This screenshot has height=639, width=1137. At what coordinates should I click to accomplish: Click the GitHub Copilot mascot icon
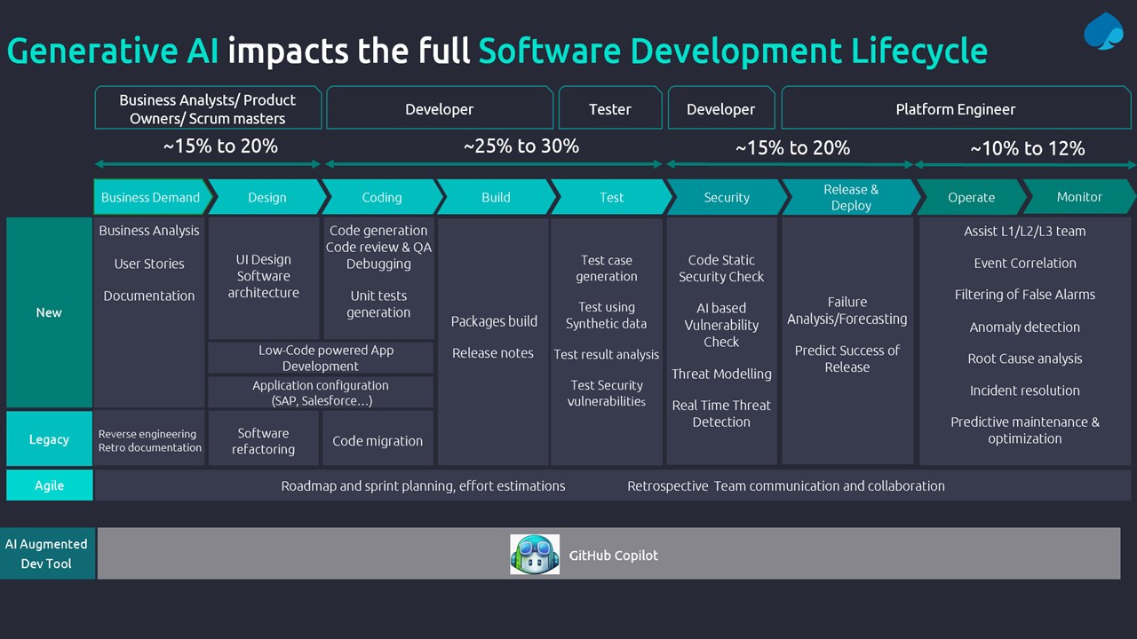535,554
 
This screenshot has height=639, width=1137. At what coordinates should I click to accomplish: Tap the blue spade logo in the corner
1103,31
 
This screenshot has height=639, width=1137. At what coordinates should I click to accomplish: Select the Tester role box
610,108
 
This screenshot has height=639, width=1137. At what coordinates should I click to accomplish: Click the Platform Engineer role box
956,108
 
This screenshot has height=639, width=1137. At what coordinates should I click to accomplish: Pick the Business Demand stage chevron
152,197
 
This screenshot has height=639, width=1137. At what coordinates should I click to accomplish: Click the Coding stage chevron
383,197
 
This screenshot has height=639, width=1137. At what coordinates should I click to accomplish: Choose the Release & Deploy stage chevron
852,197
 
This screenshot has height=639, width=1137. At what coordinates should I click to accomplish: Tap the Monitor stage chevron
1079,197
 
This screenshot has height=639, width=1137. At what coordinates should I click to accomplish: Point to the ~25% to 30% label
521,146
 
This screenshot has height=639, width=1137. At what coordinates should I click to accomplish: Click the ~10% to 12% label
1028,148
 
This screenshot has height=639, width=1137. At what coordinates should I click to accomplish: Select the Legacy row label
49,438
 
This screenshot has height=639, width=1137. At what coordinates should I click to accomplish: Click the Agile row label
49,485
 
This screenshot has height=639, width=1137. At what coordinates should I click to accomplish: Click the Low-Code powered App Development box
321,358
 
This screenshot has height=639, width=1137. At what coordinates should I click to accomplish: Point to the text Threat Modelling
721,374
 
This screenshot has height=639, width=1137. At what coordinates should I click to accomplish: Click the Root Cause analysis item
1025,359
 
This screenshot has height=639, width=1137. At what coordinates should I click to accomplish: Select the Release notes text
493,353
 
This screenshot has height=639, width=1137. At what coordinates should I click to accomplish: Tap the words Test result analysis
606,354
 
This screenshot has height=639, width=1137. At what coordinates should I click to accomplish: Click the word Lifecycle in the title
918,51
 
